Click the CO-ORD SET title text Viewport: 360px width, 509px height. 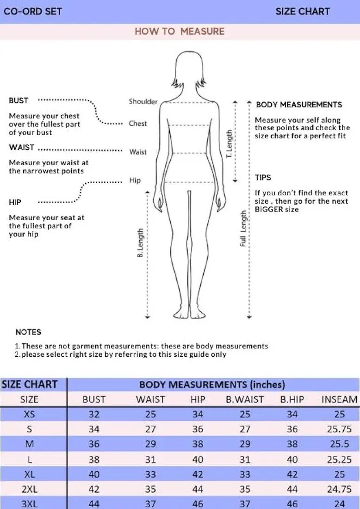point(32,11)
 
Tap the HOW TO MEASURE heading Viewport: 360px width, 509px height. point(180,31)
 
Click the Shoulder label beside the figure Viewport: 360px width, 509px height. point(143,102)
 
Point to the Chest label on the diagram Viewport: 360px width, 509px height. point(138,124)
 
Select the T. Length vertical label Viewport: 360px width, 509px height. point(229,144)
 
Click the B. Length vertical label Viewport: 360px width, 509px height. point(140,243)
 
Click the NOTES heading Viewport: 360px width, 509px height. point(28,332)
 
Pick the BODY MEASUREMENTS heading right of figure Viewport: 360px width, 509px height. point(299,105)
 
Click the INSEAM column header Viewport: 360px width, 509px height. point(339,399)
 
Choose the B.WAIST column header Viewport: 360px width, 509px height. point(245,399)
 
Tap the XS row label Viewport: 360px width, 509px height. point(29,414)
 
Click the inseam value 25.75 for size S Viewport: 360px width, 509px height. point(339,429)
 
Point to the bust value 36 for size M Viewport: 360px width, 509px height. point(94,444)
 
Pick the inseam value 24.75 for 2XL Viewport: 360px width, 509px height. point(339,489)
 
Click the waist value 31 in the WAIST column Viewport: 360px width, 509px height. point(151,459)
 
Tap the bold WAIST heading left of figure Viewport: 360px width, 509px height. point(21,148)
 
